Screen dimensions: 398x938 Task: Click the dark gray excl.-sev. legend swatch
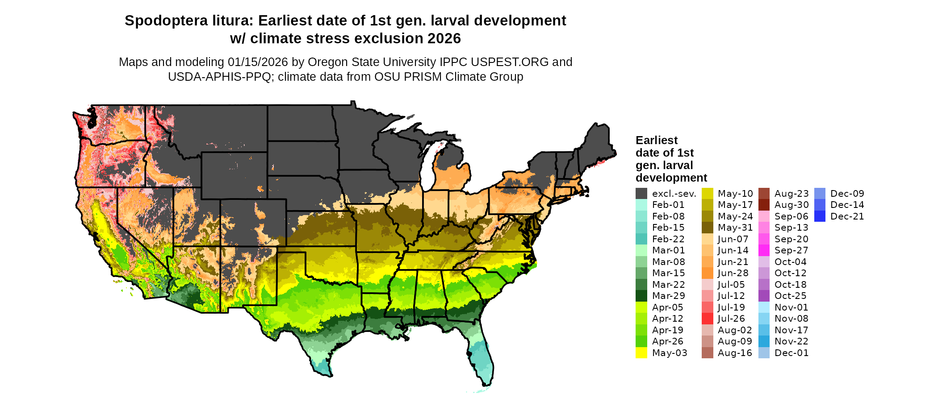pos(641,194)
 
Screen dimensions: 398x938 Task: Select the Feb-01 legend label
pos(668,205)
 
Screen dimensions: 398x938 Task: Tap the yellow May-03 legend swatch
pos(641,353)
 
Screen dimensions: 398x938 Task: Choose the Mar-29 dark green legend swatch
pos(641,296)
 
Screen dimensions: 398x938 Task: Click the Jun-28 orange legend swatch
pos(707,273)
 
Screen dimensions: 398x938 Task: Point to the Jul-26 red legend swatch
pos(707,319)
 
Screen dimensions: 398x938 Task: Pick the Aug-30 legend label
pos(791,205)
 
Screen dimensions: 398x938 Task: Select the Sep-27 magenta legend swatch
pos(764,250)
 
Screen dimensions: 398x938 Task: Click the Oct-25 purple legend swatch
pos(764,296)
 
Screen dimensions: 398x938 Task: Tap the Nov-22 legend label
pos(791,341)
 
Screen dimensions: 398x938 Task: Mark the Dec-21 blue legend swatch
pos(820,216)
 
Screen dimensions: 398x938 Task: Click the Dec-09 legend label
pos(847,194)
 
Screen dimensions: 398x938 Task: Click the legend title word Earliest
pos(656,140)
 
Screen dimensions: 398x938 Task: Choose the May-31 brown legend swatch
pos(707,228)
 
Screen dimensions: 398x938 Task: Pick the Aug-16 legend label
pos(735,353)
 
